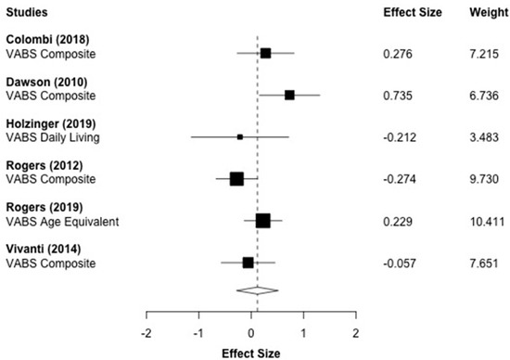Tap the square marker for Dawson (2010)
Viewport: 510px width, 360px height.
(289, 95)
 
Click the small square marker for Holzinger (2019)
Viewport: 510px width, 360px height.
(239, 136)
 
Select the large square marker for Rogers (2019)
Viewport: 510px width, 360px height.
(262, 221)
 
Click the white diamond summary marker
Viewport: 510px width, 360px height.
(258, 289)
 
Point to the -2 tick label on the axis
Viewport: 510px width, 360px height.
(146, 331)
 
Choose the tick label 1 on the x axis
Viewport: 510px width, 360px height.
(303, 331)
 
